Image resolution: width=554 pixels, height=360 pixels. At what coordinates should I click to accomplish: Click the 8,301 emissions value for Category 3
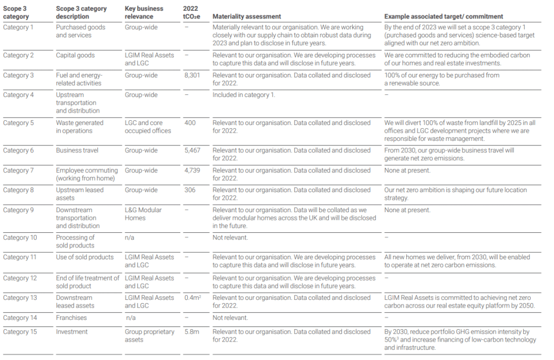pos(192,75)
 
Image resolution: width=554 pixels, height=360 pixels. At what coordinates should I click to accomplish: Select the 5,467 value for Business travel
pos(192,150)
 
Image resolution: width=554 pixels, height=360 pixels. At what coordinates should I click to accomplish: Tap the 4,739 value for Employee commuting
pos(192,171)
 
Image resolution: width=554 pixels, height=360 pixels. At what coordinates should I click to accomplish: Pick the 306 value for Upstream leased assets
pos(190,190)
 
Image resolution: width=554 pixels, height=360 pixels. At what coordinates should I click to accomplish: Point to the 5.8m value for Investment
pos(192,332)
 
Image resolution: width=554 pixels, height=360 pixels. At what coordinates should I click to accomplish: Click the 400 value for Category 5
pos(190,123)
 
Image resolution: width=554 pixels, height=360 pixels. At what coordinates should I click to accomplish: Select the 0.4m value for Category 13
pos(193,298)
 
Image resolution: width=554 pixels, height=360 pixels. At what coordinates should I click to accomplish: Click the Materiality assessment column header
pos(247,16)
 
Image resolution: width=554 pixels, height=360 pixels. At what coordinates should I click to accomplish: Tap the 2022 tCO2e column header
pos(192,12)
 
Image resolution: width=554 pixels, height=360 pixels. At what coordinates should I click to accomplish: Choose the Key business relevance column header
pos(144,12)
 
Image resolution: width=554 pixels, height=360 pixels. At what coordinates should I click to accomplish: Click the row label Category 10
pos(20,238)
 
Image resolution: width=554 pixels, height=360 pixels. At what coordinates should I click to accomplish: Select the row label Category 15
pos(20,332)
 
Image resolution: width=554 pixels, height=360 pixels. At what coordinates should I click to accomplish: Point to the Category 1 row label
pos(18,27)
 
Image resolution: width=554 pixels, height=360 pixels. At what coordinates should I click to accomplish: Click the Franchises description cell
pos(71,318)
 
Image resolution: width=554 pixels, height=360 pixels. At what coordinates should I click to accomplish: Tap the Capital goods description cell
pos(75,55)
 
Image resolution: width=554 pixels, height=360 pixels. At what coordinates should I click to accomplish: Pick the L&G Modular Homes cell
pos(143,214)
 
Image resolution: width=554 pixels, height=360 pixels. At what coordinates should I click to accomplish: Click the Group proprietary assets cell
pos(149,336)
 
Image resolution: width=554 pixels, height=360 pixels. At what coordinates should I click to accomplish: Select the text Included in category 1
pos(244,95)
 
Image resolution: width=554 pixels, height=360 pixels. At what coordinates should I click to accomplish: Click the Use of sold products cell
pos(85,257)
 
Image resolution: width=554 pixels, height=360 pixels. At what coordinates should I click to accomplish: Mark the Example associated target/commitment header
pos(444,16)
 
